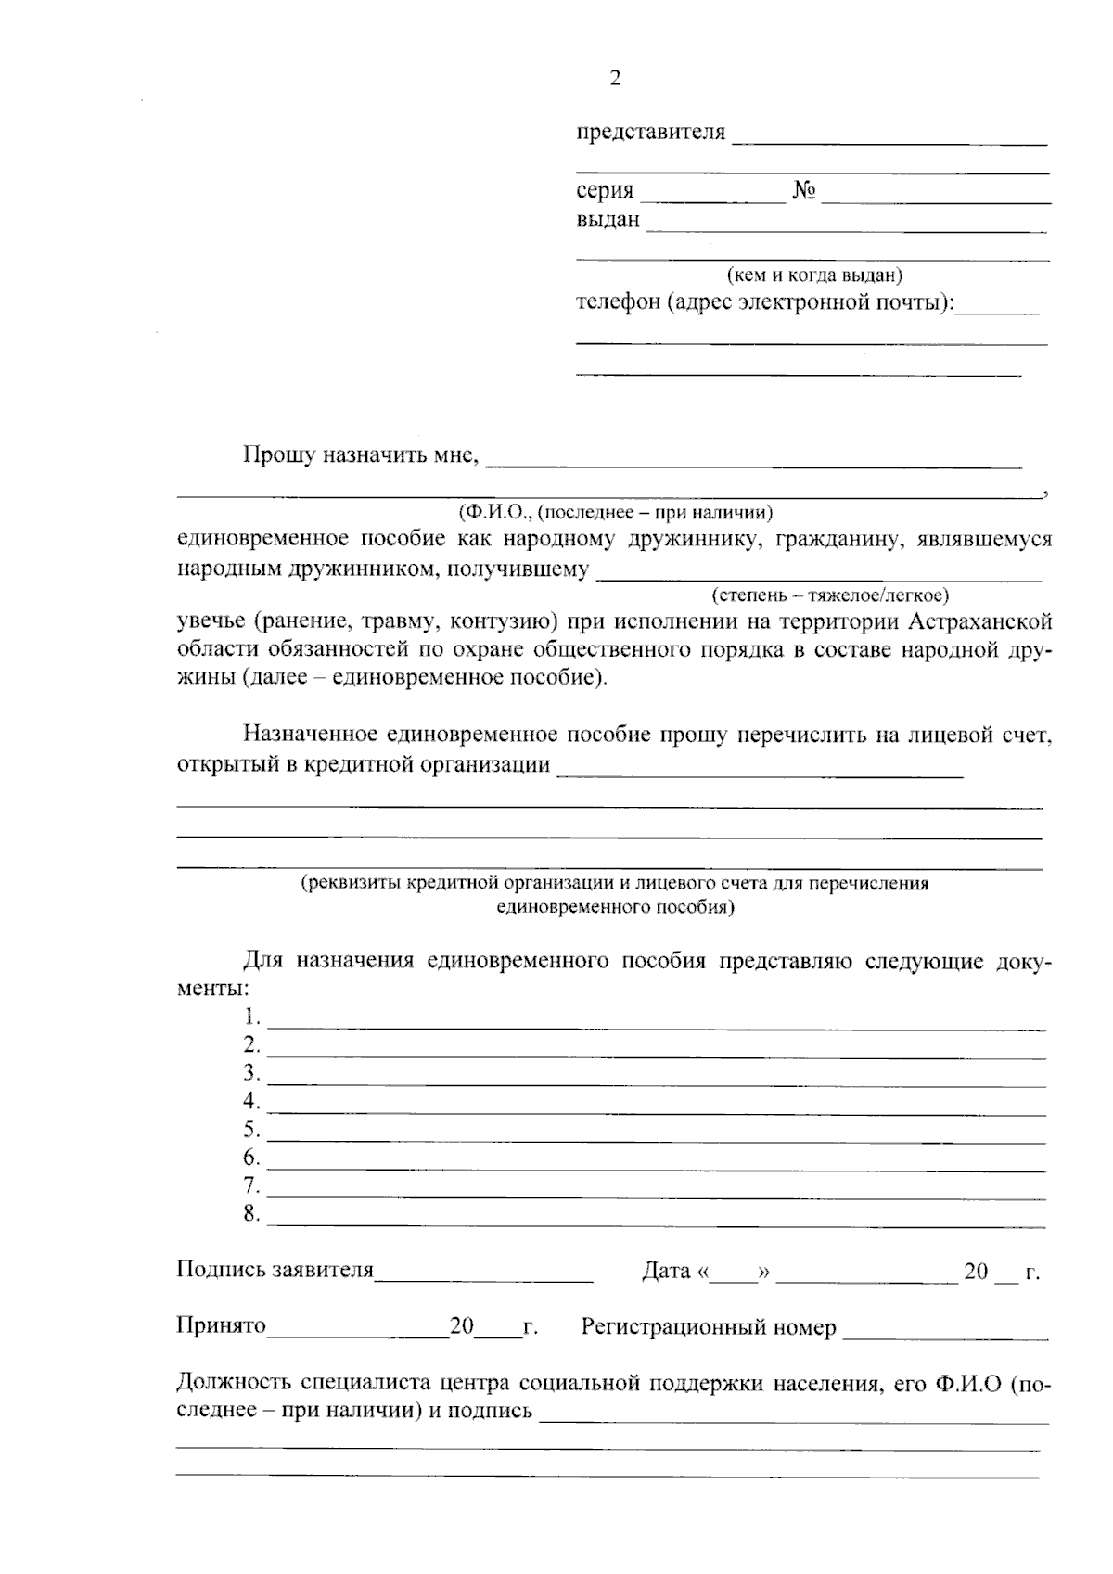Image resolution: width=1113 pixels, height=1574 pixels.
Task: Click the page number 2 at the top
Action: (614, 79)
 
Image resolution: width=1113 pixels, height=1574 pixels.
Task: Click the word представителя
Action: (650, 133)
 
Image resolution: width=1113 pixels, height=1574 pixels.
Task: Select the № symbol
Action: (803, 192)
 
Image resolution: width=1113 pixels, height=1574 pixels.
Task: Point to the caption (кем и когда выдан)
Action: (813, 275)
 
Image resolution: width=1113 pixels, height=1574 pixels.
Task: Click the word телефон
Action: (618, 303)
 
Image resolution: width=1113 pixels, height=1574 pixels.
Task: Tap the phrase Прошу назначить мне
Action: (360, 455)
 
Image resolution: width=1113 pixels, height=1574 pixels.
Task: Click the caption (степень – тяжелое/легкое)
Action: (829, 595)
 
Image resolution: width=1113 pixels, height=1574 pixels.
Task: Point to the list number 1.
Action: (251, 1017)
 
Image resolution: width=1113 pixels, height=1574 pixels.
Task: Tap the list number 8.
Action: (251, 1214)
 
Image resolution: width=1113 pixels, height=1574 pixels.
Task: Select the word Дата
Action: (665, 1272)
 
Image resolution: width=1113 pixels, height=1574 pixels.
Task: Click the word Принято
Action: (221, 1327)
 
